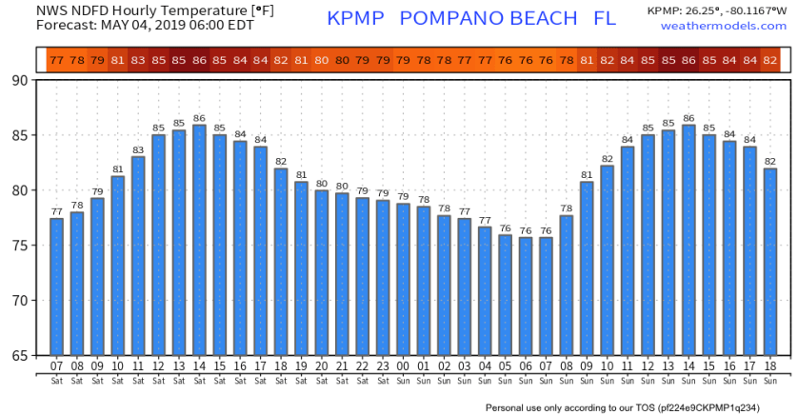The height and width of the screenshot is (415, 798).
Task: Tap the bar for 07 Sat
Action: (56, 287)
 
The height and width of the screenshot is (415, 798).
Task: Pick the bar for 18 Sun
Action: (770, 262)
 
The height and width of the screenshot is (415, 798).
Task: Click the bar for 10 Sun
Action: (607, 261)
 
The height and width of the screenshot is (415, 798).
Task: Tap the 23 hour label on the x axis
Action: (382, 366)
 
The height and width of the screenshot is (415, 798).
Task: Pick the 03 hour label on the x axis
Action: (464, 366)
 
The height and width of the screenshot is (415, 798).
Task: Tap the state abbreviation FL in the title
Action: (604, 19)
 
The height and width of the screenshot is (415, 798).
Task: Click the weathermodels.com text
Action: (728, 26)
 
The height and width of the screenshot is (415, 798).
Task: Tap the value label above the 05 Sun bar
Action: (505, 227)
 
